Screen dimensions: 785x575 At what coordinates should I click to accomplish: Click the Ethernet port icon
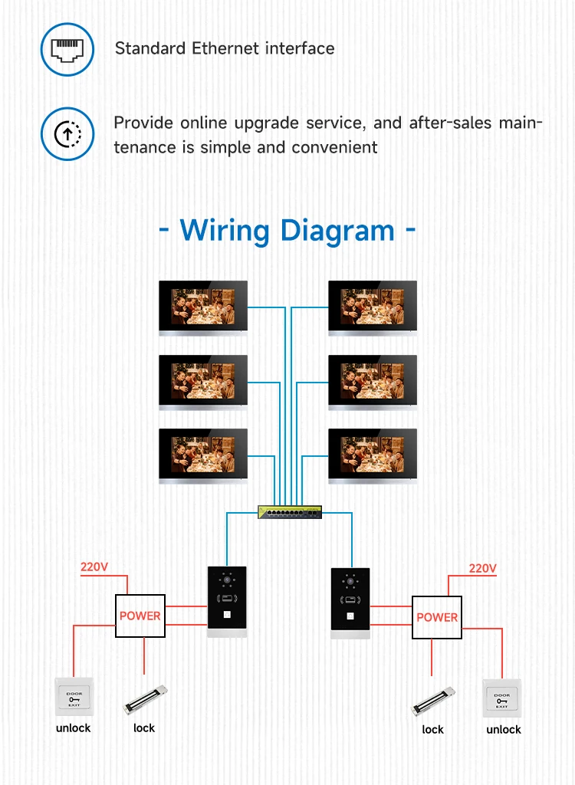67,49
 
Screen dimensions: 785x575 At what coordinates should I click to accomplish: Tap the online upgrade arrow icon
67,134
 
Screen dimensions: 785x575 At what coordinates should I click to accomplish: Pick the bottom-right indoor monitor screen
373,454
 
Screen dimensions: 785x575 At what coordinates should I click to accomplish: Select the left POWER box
140,616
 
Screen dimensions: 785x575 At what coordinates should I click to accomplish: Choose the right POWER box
437,617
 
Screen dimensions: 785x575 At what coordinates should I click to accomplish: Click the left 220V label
94,568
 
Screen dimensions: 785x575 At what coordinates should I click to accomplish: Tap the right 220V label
483,569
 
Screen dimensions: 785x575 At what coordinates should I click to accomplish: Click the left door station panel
227,601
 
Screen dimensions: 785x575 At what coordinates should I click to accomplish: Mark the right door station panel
350,603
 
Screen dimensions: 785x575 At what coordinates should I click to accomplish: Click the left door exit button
74,697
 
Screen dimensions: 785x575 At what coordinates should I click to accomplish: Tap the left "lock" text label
144,728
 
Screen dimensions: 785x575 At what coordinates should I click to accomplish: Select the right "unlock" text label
504,730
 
